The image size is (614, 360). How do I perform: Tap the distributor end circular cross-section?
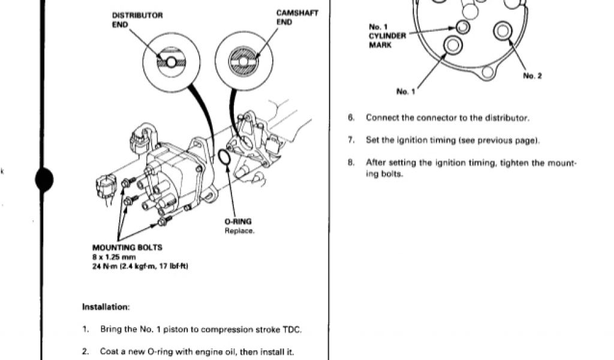click(x=171, y=62)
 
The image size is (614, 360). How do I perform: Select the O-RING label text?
click(x=239, y=221)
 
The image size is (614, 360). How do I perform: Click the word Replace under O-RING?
click(x=239, y=230)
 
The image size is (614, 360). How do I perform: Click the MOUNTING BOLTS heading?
click(x=127, y=247)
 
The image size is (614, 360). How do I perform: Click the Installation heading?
click(x=106, y=307)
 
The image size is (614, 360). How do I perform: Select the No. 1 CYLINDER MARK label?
click(x=387, y=35)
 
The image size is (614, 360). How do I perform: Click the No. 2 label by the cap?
click(x=532, y=76)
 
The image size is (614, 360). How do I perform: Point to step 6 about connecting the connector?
click(x=447, y=118)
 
